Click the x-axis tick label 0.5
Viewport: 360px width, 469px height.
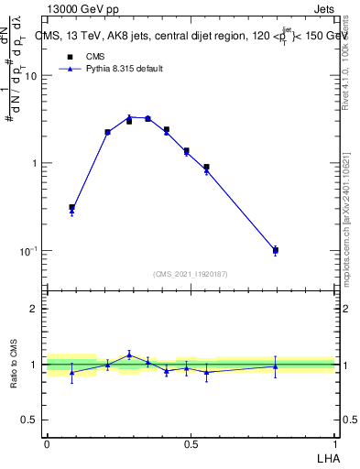191,444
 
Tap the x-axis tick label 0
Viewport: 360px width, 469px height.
47,444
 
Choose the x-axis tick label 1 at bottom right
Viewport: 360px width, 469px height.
335,444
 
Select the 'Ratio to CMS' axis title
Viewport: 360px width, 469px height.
14,365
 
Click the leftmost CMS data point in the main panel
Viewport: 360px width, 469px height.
71,208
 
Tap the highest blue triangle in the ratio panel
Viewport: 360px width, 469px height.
129,354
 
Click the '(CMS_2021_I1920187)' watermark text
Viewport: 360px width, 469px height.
191,274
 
